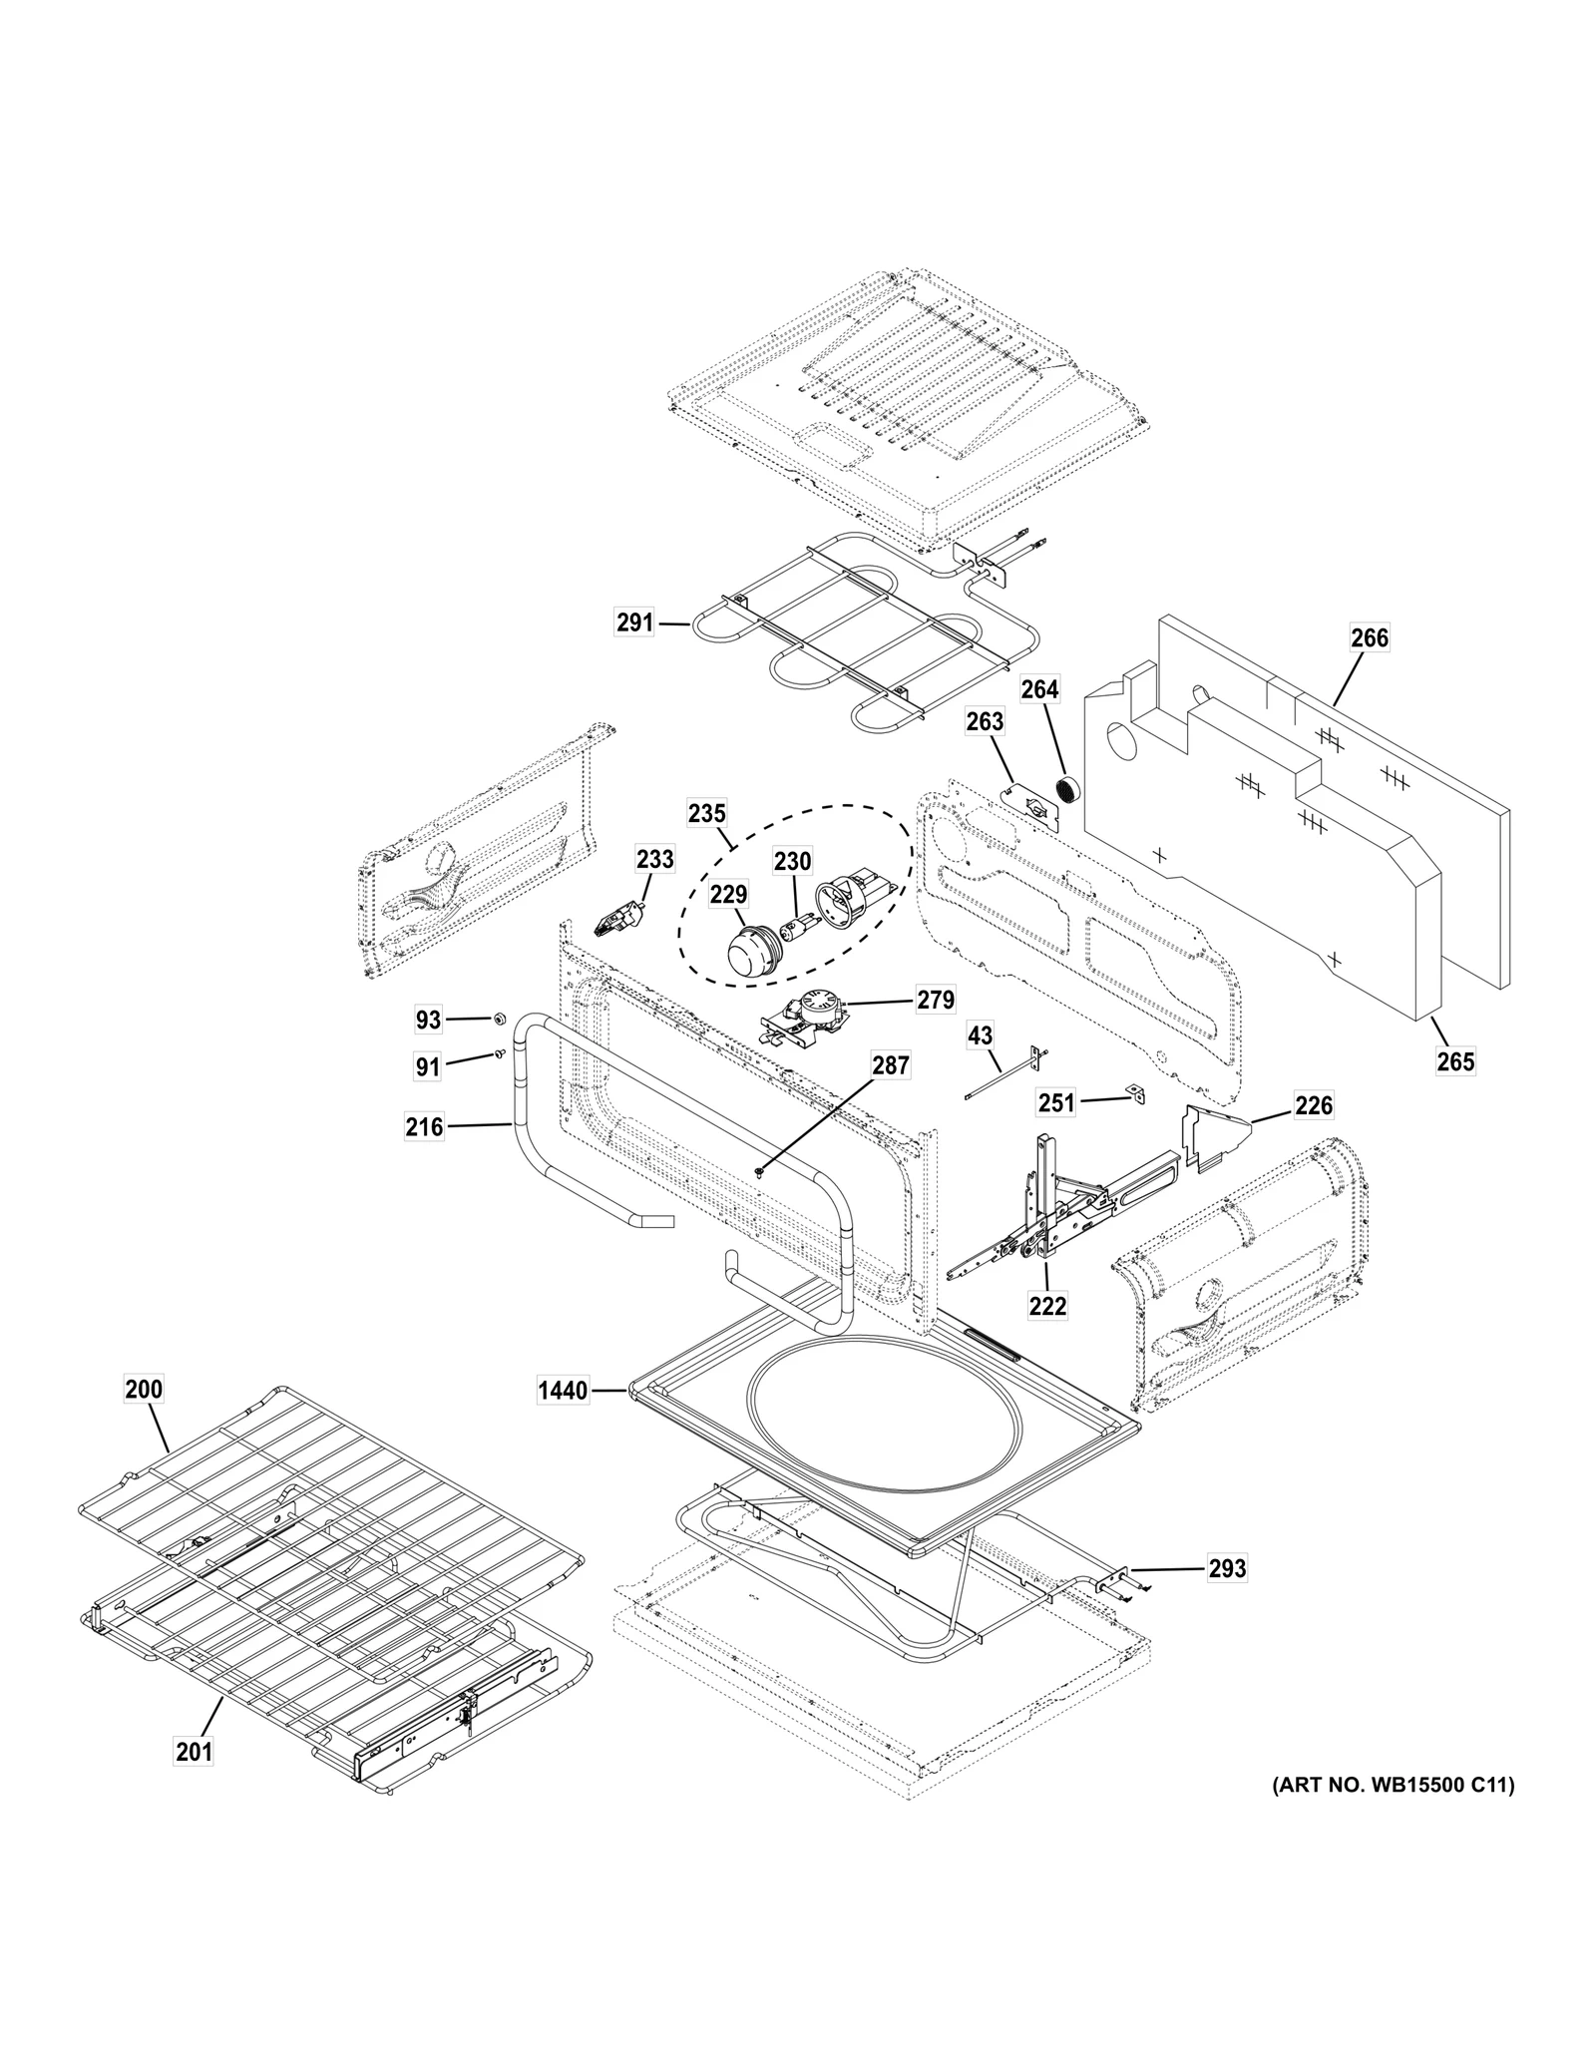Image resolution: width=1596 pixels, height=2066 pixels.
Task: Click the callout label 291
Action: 634,623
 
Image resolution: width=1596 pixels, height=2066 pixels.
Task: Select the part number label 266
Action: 1370,637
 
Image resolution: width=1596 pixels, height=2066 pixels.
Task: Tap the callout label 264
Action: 1039,689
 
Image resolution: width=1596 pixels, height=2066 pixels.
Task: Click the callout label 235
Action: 707,813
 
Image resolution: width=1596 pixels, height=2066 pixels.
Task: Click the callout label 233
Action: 655,859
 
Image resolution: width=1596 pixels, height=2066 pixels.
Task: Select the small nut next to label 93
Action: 497,1019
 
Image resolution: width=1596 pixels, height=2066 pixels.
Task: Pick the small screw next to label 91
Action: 497,1053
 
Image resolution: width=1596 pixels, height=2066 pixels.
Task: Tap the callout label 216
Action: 424,1128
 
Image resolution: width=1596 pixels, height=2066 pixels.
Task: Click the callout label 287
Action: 891,1066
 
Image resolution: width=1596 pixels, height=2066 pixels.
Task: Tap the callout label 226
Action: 1314,1105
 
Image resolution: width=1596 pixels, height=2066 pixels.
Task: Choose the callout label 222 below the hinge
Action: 1047,1305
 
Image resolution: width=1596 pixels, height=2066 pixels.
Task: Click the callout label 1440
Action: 563,1390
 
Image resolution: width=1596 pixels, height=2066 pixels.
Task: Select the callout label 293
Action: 1227,1569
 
